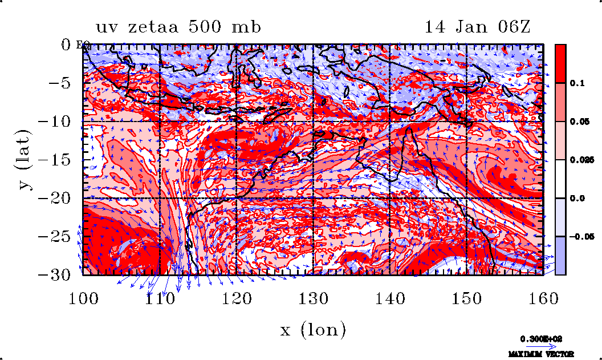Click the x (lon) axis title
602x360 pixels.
tap(313, 329)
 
